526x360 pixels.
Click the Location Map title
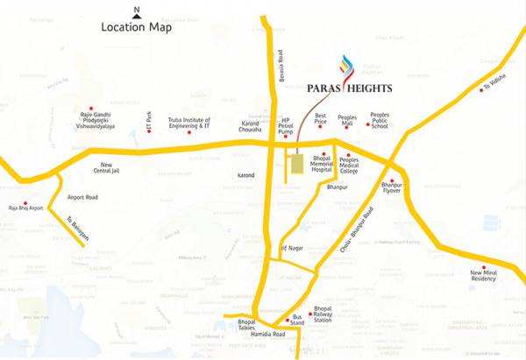pyautogui.click(x=137, y=26)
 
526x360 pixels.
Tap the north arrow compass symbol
pyautogui.click(x=136, y=11)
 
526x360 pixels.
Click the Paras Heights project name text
pyautogui.click(x=351, y=88)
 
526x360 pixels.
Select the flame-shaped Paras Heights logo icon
pyautogui.click(x=345, y=65)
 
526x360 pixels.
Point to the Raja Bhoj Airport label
pyautogui.click(x=25, y=209)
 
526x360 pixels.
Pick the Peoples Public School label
pyautogui.click(x=379, y=119)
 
